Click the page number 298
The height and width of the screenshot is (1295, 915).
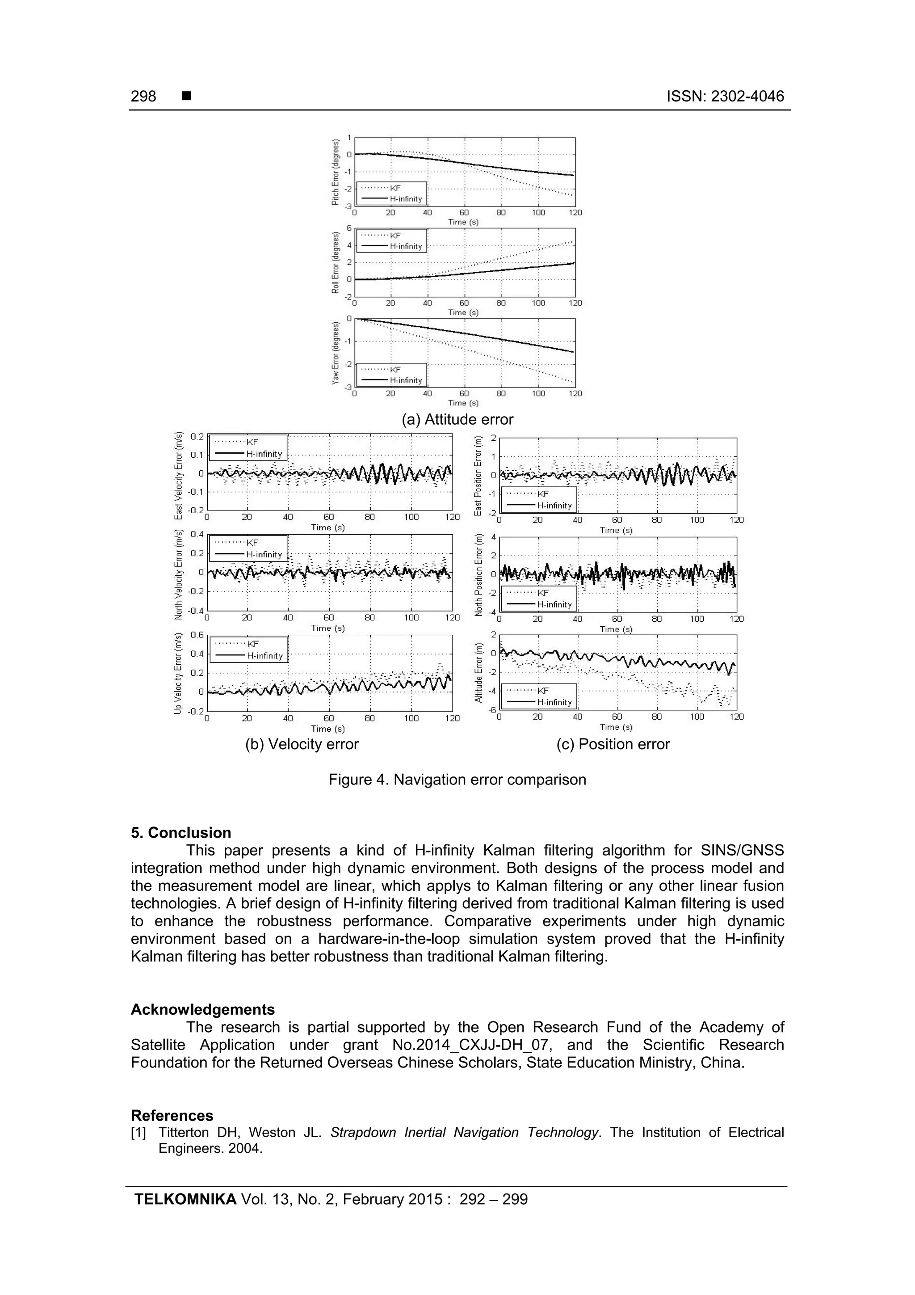(143, 97)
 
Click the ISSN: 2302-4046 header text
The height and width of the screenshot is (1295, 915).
(725, 97)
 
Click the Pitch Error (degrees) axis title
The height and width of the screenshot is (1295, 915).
(336, 173)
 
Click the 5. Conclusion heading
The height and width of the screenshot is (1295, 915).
(181, 833)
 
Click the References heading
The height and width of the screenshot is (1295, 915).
(172, 1115)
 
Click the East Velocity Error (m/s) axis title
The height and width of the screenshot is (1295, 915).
(179, 476)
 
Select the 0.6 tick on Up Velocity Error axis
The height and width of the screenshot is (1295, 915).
(197, 634)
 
